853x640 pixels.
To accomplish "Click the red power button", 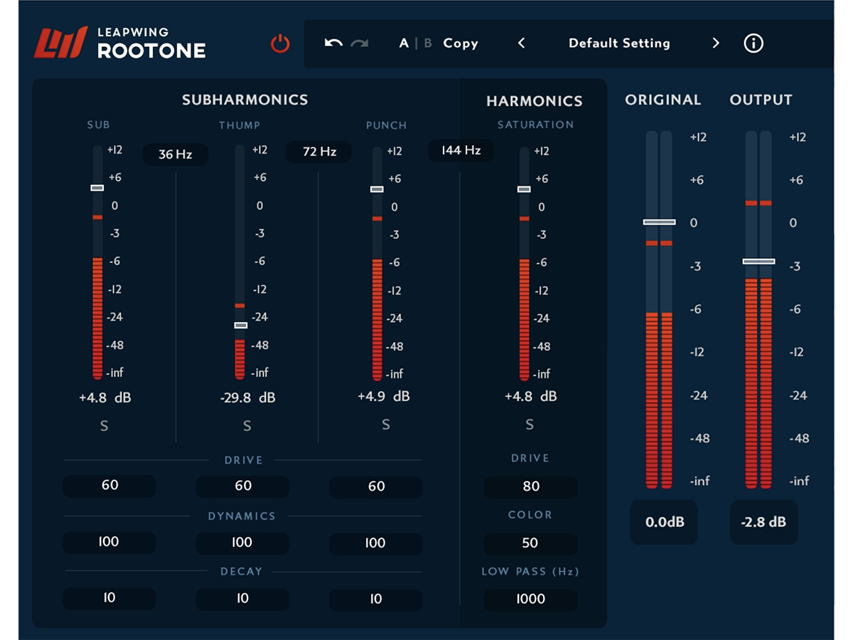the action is [x=280, y=43].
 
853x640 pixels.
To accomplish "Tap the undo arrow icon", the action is [x=333, y=43].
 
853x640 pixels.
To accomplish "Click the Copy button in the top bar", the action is [x=461, y=43].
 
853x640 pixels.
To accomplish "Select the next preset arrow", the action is [x=715, y=43].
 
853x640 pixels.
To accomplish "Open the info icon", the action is [x=753, y=43].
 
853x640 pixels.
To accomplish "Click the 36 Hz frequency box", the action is [x=176, y=154].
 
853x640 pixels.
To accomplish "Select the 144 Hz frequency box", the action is [x=461, y=150].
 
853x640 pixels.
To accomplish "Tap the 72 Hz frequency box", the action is [x=319, y=151].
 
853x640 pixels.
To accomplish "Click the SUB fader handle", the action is [x=97, y=188].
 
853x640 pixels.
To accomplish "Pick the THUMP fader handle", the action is [x=240, y=325].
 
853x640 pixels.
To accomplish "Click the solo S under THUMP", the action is [x=247, y=426].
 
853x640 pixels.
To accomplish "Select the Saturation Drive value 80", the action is [x=530, y=486].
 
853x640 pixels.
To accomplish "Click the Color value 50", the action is [x=530, y=543].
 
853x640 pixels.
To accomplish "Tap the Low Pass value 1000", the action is [x=530, y=599].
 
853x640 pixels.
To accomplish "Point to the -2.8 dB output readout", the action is [x=763, y=522].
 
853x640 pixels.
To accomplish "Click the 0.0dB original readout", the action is [x=664, y=522].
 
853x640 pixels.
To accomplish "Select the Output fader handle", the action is [x=758, y=262].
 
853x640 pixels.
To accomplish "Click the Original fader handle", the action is [x=659, y=222].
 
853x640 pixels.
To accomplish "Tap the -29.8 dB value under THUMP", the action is [x=248, y=398].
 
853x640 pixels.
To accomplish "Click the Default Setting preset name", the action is [x=619, y=43].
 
